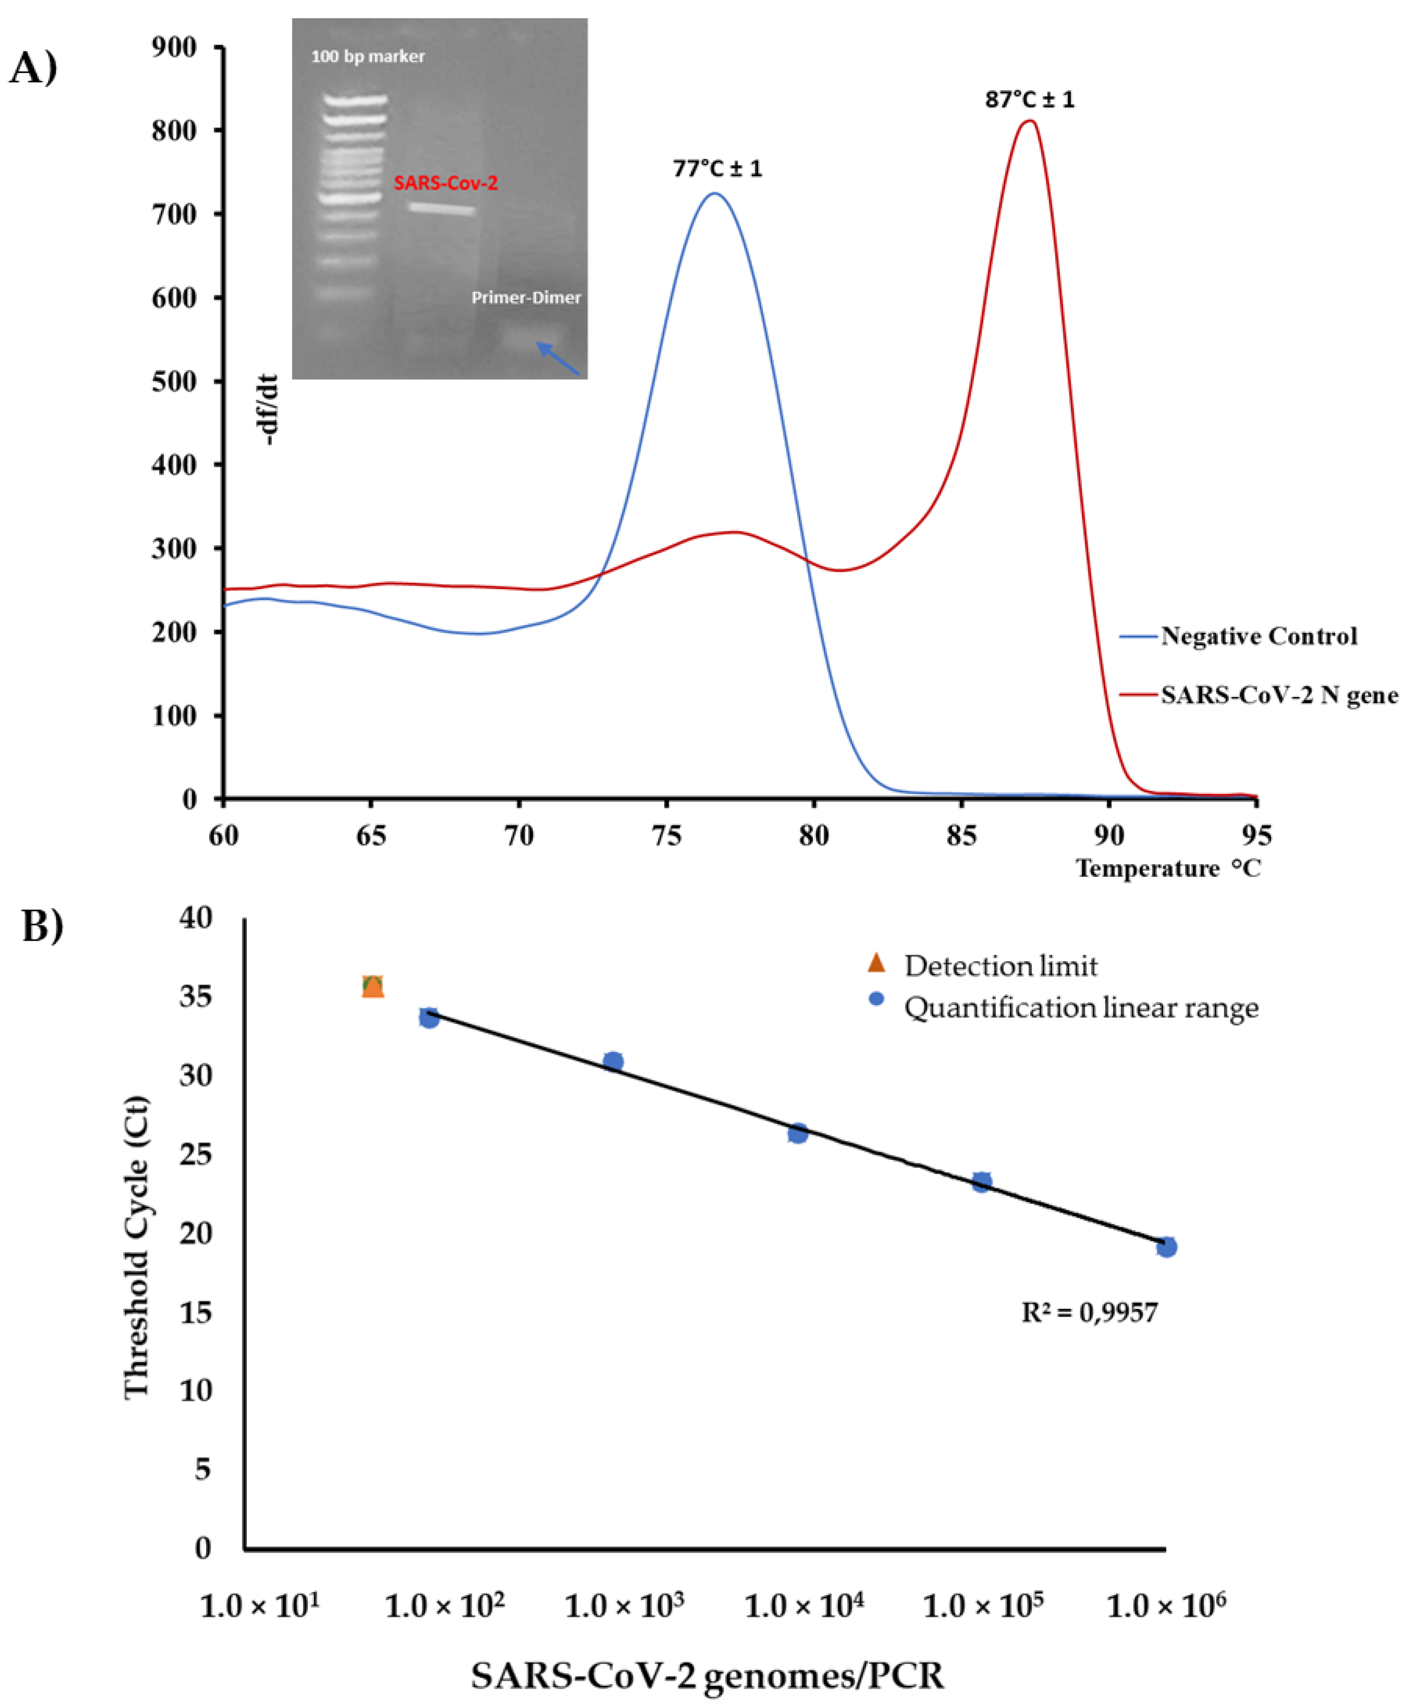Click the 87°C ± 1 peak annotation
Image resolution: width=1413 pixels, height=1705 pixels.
coord(1029,100)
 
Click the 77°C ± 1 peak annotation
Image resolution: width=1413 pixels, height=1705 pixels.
coord(717,169)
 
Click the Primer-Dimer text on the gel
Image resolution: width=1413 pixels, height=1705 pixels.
coord(526,298)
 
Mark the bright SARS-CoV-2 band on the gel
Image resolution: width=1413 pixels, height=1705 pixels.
coord(441,209)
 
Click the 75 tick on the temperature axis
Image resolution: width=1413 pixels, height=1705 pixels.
coord(667,835)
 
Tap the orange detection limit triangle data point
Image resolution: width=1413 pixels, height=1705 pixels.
coord(373,987)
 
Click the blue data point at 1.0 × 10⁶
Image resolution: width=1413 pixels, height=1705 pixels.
coord(1166,1247)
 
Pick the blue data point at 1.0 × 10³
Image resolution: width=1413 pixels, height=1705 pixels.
coord(613,1061)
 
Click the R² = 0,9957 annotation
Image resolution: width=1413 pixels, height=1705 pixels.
coord(1089,1312)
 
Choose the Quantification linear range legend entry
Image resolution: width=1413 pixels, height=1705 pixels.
coord(1080,1009)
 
